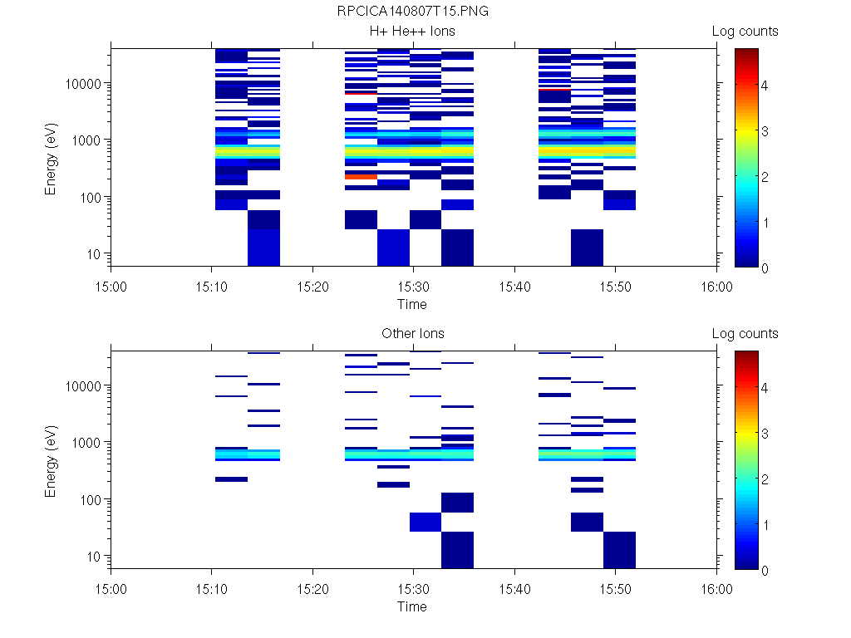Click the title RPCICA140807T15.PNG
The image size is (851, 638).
[412, 12]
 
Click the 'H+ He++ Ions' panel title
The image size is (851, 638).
[412, 32]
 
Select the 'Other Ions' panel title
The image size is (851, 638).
[412, 334]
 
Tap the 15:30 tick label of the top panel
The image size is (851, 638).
[413, 287]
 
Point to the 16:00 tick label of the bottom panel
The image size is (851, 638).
[716, 589]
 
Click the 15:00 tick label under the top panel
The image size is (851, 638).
[111, 287]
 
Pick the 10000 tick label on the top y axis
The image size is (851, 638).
[82, 84]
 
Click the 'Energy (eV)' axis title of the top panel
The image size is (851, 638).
[52, 158]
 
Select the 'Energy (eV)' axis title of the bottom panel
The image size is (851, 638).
[52, 460]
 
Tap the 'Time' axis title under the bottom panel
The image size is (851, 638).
[412, 606]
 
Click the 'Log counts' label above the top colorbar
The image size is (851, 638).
[745, 32]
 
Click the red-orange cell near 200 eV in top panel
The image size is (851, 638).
[361, 176]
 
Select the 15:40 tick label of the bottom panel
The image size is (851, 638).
[514, 589]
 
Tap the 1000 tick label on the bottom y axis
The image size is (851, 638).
[86, 443]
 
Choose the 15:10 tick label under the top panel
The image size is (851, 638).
[212, 287]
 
